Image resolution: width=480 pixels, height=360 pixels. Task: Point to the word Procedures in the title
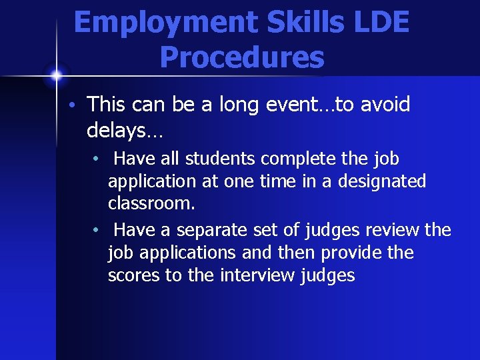(242, 58)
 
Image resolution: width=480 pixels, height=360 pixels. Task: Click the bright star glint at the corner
(56, 74)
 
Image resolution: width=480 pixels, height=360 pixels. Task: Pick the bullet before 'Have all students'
(97, 159)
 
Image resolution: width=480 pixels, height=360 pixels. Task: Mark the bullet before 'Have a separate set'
(97, 231)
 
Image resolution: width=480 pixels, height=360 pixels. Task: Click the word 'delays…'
(124, 131)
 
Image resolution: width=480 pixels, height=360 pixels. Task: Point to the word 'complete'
(302, 159)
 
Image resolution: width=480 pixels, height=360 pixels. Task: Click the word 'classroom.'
(151, 203)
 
